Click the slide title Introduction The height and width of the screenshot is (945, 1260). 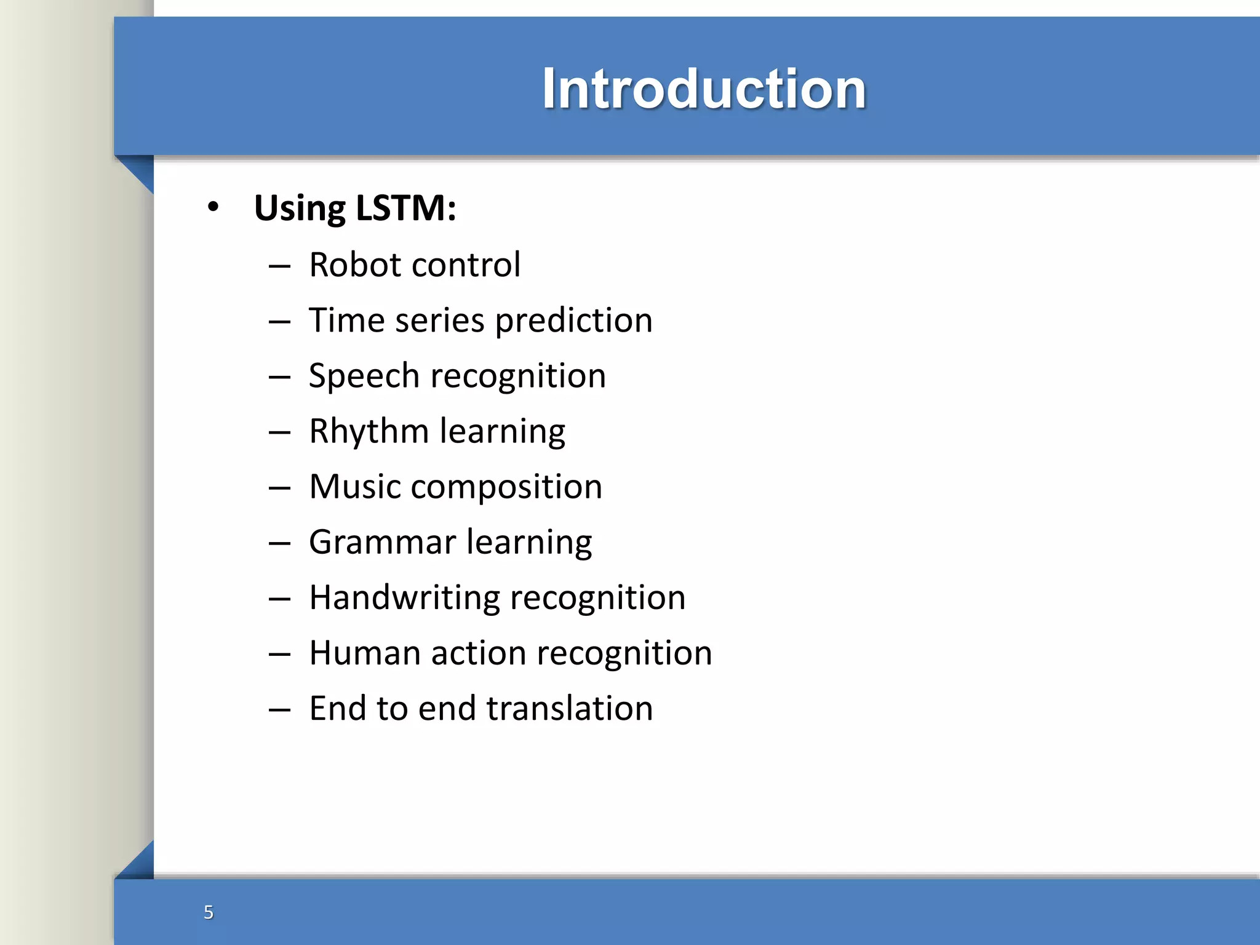tap(704, 89)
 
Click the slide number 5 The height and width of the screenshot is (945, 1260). tap(209, 912)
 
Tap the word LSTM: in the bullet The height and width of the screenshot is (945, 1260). tap(406, 208)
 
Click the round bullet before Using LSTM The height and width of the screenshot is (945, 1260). tap(213, 207)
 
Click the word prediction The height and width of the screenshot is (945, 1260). tap(573, 321)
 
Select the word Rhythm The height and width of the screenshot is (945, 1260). tap(369, 432)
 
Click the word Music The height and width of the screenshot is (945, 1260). tap(355, 487)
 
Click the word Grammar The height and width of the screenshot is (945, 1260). tap(382, 543)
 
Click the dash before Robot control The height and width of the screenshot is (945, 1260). tap(279, 266)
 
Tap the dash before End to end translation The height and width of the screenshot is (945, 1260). tap(279, 710)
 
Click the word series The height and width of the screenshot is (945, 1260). tap(440, 321)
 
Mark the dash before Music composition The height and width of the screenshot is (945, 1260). tap(279, 488)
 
